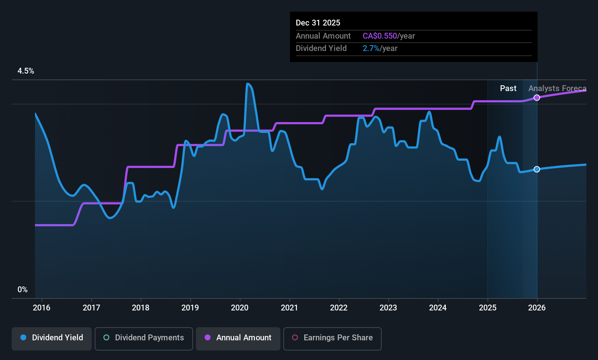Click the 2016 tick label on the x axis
click(42, 308)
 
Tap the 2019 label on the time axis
click(190, 308)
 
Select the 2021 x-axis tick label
click(289, 308)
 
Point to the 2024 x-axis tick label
click(438, 308)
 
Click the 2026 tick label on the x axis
click(537, 308)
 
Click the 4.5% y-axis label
click(26, 71)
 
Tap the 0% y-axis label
click(23, 289)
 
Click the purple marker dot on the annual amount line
click(537, 98)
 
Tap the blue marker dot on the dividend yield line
click(537, 169)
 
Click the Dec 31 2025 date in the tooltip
click(318, 23)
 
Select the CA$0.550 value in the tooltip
click(380, 36)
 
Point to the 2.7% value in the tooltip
click(371, 48)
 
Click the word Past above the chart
click(508, 88)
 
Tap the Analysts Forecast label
click(557, 88)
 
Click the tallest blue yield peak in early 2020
click(248, 84)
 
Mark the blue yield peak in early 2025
click(499, 137)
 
